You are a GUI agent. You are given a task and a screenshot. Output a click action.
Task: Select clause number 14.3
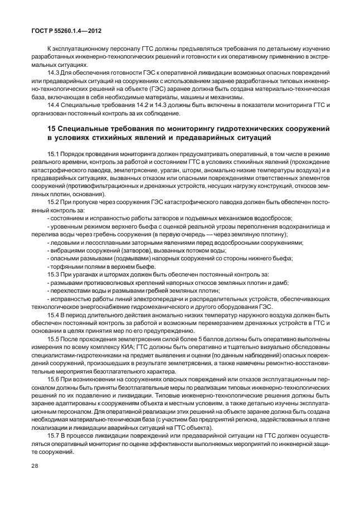pos(54,73)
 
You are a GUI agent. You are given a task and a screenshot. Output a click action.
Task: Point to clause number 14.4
pos(54,105)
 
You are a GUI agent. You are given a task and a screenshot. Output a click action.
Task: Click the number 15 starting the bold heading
pos(52,129)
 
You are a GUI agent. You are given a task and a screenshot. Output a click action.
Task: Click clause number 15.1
pos(53,153)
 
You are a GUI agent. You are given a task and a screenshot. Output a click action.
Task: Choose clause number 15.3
pos(54,274)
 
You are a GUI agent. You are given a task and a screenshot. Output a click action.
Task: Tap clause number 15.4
pos(54,314)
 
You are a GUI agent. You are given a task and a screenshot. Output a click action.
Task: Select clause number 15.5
pos(54,338)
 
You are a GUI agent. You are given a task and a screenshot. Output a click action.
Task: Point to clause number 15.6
pos(54,378)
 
